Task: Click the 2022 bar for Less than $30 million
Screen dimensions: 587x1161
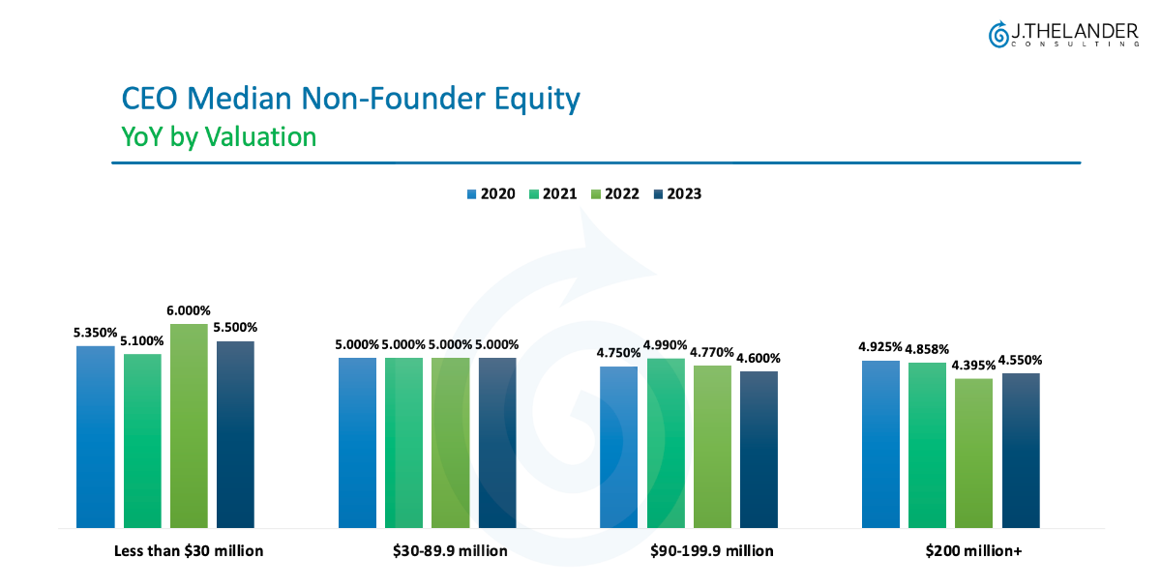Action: click(189, 426)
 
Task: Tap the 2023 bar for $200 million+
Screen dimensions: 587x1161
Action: click(1020, 451)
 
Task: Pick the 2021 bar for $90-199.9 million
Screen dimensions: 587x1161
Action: click(666, 443)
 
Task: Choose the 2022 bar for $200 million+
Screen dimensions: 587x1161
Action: click(973, 454)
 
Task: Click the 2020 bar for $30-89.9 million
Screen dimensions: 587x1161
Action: click(357, 443)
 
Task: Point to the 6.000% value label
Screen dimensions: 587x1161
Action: click(189, 311)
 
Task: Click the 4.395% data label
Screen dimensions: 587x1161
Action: click(973, 366)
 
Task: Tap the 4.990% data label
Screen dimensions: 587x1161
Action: click(666, 345)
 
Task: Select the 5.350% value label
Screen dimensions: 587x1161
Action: click(95, 333)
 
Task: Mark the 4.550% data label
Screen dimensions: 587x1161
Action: click(1020, 361)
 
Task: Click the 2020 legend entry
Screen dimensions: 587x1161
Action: click(491, 193)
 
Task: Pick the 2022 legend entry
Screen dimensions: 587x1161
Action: click(614, 193)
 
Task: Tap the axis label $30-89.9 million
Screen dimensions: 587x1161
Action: click(450, 551)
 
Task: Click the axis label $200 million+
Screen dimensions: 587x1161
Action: click(973, 551)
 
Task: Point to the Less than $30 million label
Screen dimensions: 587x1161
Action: click(189, 551)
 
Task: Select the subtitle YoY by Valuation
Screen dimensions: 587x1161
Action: click(219, 136)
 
